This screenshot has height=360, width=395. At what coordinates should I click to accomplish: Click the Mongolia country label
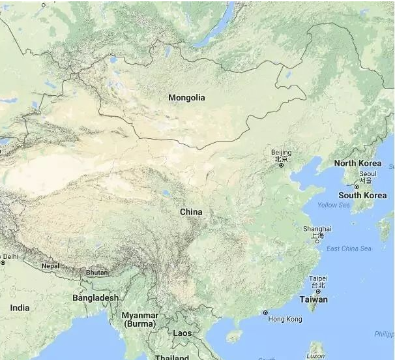coord(186,98)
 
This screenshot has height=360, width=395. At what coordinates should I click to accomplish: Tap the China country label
coord(191,212)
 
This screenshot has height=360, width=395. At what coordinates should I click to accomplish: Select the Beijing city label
coord(282,153)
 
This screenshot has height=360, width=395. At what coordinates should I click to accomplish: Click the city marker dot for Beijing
coord(282,165)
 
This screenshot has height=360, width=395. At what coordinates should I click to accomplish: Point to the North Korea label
coord(358,163)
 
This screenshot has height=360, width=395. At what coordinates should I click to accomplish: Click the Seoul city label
coord(368,174)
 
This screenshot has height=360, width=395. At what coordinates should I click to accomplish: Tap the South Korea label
coord(362,195)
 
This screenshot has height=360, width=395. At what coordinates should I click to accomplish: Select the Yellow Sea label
coord(333,205)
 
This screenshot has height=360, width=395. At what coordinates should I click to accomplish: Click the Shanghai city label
coord(317,229)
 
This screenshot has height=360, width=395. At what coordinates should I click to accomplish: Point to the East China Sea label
coord(349,248)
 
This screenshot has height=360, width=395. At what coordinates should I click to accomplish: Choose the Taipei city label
coord(317,278)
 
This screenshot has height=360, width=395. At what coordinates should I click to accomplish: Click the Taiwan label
coord(314,299)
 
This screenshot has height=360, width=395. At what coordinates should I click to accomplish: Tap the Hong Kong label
coord(285,319)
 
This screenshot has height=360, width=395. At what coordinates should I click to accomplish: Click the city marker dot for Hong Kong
coord(265,313)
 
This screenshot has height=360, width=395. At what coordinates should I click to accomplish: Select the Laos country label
coord(183,333)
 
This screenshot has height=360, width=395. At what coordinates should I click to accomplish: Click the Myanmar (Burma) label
coord(140,319)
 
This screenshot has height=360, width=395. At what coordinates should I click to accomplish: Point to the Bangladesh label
coord(96,297)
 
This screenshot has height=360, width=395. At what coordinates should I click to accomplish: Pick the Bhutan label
coord(96,273)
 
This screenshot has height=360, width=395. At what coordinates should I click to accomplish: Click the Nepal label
coord(50,266)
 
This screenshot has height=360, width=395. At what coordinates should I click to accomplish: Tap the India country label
coord(20,307)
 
